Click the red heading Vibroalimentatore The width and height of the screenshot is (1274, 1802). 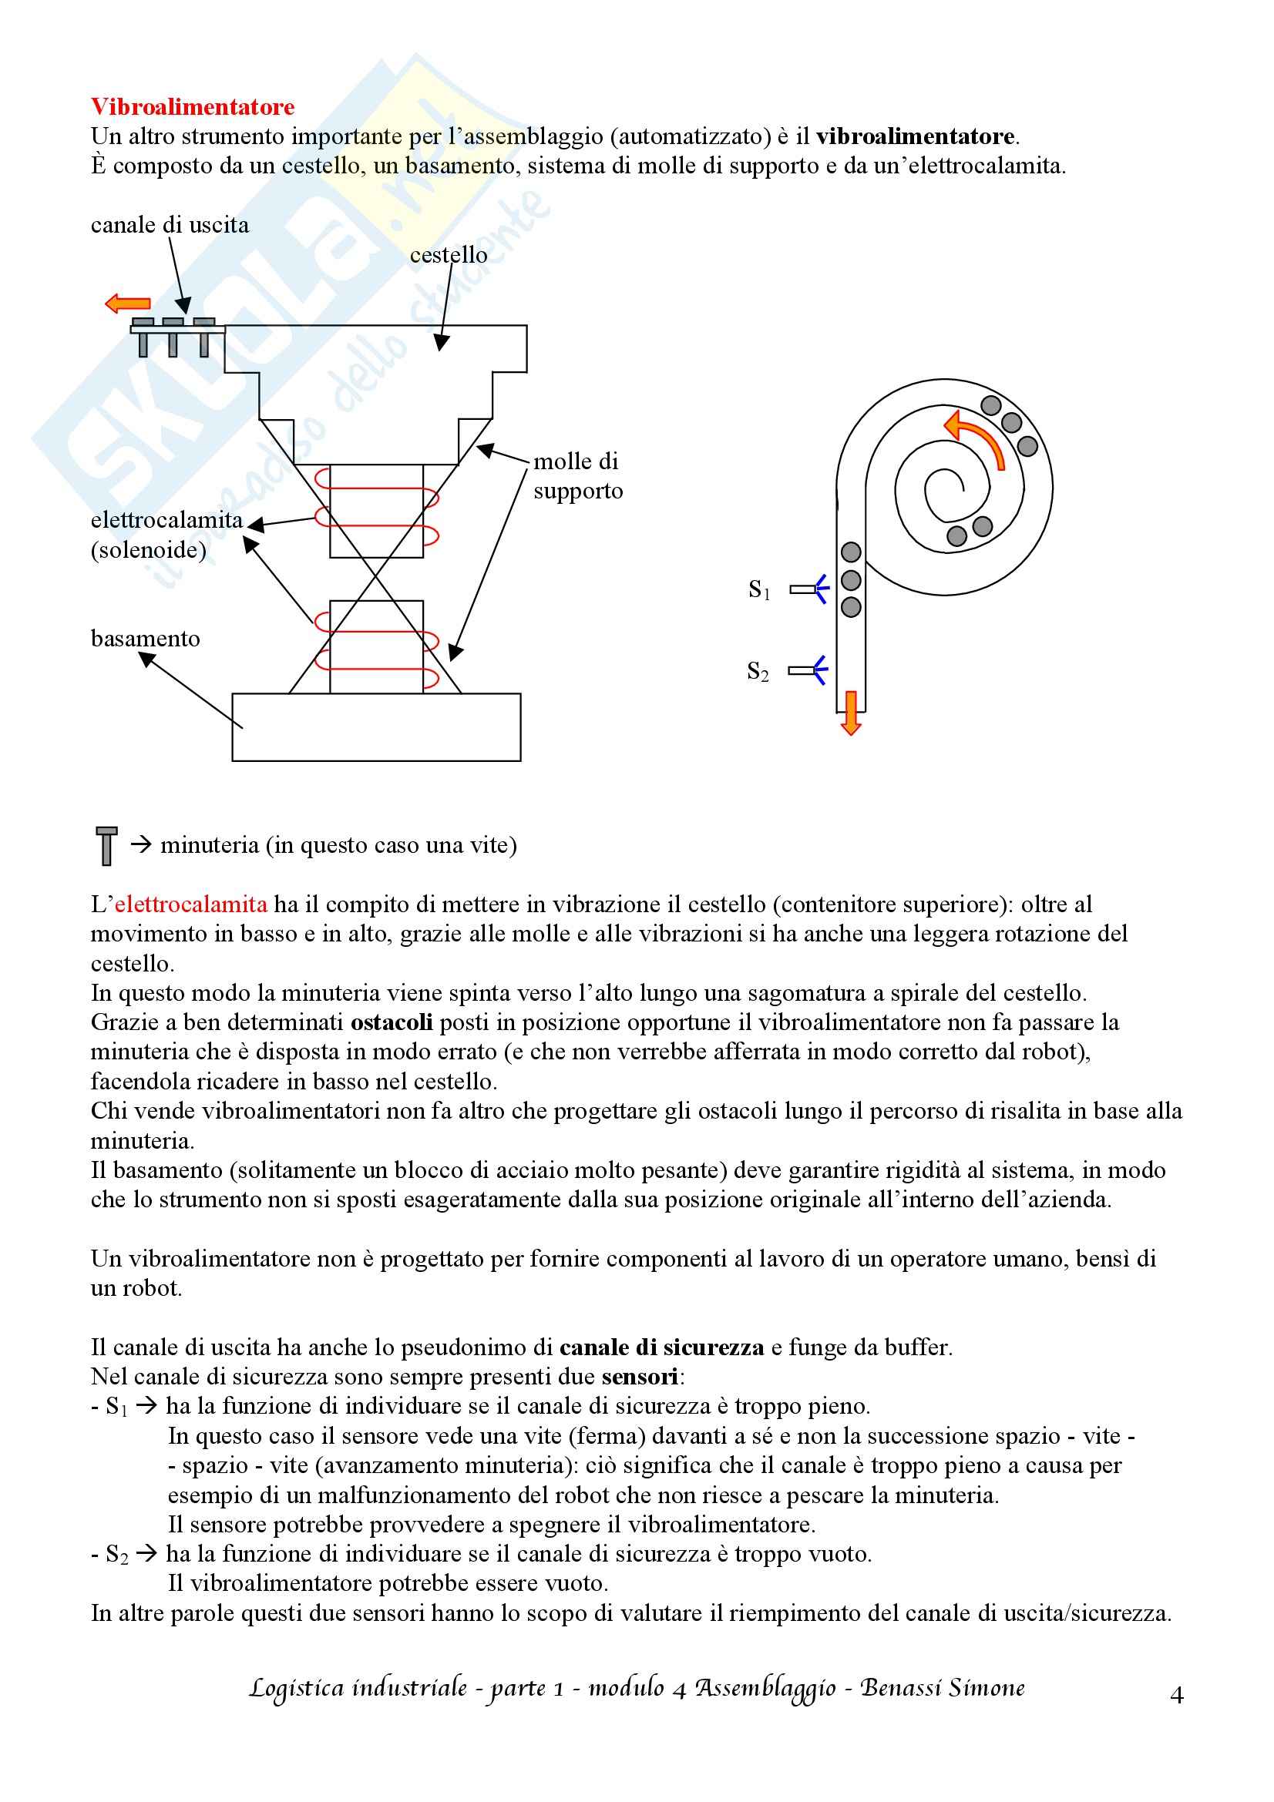193,107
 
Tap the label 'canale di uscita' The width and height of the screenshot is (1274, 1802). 170,225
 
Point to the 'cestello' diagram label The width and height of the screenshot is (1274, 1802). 449,255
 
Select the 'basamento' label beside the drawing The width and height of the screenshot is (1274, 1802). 145,639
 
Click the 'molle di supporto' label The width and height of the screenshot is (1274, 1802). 578,475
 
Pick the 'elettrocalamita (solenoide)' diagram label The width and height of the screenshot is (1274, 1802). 166,535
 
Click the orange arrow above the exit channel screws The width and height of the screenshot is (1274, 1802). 127,303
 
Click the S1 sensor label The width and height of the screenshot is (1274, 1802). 759,589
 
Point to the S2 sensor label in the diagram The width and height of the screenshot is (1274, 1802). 758,671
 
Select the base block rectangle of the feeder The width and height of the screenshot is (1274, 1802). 376,727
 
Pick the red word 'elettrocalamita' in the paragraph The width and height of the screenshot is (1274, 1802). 190,904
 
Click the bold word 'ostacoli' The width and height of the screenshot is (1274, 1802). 391,1022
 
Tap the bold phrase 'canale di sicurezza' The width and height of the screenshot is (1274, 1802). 661,1347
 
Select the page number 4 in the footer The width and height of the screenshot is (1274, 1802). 1176,1696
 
